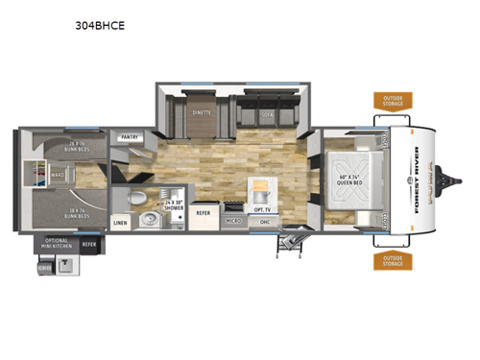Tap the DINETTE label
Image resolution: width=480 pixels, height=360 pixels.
[201, 112]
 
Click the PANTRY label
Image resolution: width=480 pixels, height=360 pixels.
[130, 137]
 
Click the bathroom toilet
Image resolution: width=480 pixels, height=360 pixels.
[139, 197]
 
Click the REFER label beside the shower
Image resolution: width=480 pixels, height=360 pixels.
[204, 212]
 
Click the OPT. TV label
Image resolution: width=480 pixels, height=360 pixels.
[260, 208]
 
